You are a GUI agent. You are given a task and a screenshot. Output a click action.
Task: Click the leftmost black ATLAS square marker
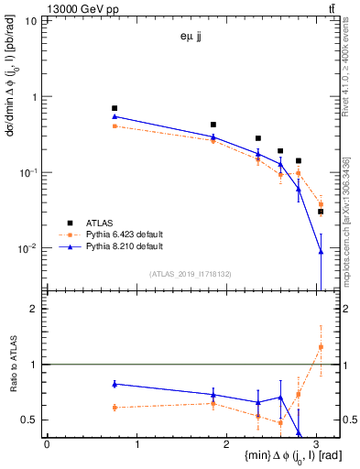coord(115,108)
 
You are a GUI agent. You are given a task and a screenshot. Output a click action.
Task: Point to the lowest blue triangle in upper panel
coord(321,251)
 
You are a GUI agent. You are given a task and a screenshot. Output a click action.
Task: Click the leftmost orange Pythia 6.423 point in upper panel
coord(115,125)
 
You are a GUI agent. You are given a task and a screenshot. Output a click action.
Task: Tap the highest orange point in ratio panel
coord(321,346)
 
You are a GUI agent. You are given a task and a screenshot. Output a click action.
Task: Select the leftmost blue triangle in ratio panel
coord(115,384)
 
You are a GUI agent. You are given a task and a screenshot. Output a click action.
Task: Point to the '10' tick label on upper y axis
coord(31,20)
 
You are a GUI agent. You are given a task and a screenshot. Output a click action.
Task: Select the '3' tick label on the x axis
coord(317,443)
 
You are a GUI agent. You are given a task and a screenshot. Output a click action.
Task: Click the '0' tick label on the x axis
coord(47,443)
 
